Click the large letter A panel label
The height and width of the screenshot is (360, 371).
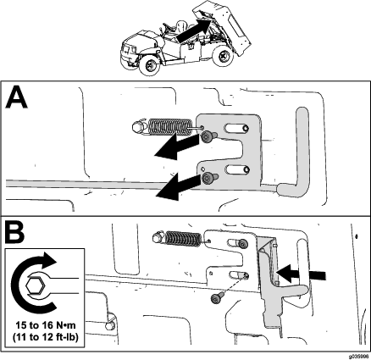(16, 97)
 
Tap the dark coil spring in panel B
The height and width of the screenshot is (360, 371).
(183, 238)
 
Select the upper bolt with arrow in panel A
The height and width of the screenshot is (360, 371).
(208, 136)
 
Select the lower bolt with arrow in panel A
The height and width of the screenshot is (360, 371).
(210, 178)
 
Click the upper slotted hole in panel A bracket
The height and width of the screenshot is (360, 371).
(236, 129)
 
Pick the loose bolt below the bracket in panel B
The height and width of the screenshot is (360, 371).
(218, 297)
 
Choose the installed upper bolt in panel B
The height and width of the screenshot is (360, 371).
(243, 244)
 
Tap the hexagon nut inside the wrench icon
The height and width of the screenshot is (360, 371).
(36, 285)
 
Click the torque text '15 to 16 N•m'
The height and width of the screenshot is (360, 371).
(46, 325)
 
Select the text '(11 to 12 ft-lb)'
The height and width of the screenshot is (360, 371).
(46, 337)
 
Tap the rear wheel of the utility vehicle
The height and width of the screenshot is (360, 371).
(223, 56)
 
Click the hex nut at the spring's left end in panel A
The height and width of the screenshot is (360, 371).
(138, 126)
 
